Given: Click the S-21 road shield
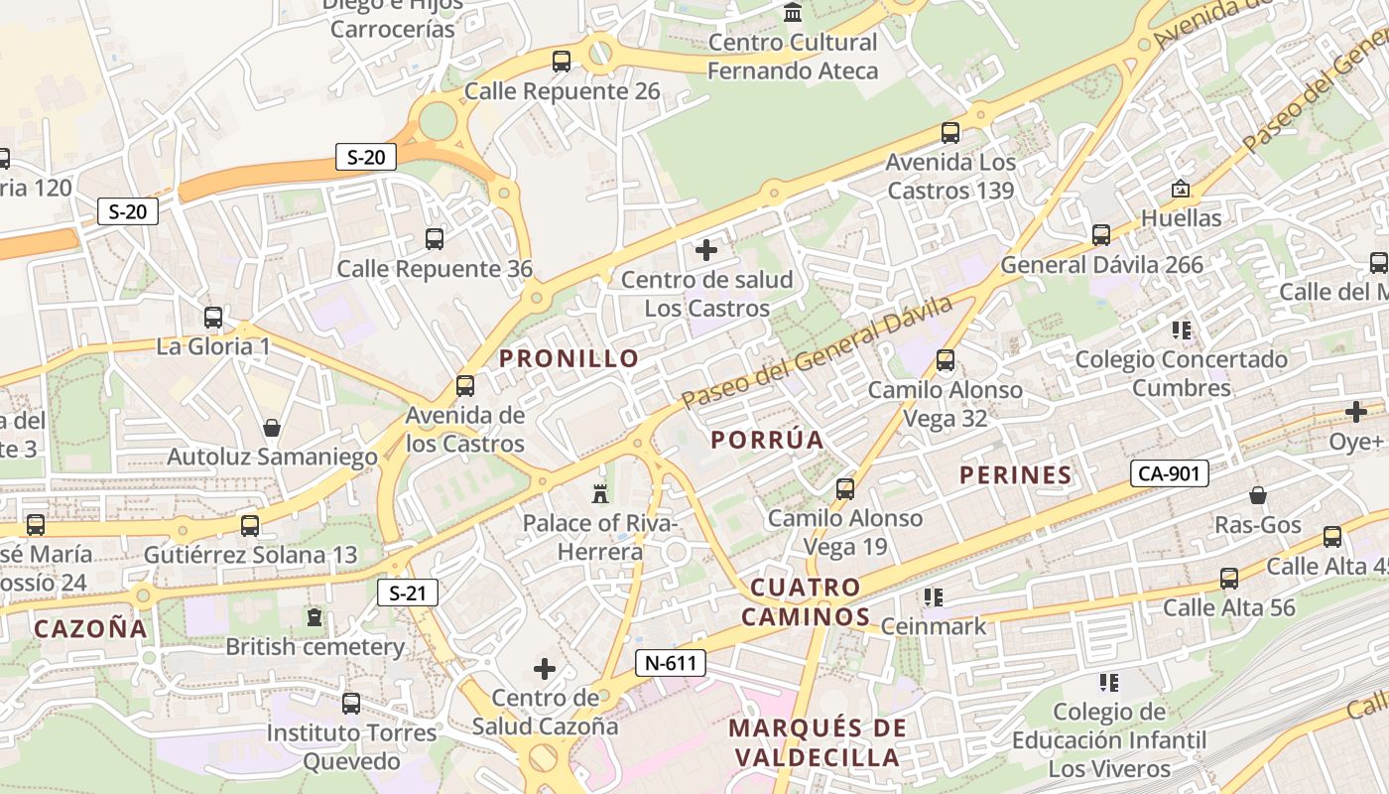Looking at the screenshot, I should [408, 594].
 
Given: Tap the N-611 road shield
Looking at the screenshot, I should [671, 663].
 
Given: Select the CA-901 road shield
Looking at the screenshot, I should [1169, 473].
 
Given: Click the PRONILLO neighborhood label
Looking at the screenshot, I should [569, 359].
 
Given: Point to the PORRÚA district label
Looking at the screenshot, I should [768, 440].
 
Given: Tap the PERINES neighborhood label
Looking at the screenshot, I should [1016, 475].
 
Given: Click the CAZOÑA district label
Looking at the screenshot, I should [90, 628].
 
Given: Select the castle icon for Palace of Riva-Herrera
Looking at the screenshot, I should [599, 492].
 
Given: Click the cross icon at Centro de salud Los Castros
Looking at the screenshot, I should [706, 250].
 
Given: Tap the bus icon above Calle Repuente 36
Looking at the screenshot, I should [435, 239].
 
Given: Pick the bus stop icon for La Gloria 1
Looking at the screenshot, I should [213, 318].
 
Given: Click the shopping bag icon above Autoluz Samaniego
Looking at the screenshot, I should [272, 428].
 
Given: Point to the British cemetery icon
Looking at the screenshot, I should [315, 617].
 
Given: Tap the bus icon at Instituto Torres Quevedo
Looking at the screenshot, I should [350, 704].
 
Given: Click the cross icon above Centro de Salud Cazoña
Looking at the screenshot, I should [545, 669].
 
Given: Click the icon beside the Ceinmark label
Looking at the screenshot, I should [933, 596].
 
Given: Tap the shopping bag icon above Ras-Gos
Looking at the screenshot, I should [1258, 494].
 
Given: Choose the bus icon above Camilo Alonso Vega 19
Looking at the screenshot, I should [845, 488].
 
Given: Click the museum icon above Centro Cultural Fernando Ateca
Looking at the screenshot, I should [792, 13].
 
